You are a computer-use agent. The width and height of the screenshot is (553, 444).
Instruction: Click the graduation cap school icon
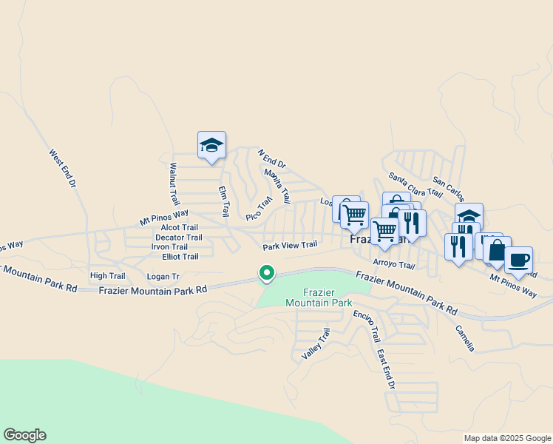click(211, 144)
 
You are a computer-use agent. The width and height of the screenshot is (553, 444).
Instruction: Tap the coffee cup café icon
click(518, 260)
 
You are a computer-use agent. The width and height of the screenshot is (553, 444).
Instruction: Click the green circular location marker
click(267, 273)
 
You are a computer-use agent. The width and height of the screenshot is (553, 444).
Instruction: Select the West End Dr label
click(63, 168)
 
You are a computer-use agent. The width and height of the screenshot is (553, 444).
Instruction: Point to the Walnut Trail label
click(174, 184)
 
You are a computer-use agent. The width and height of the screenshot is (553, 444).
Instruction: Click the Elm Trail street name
click(224, 201)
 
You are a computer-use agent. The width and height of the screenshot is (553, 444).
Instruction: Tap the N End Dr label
click(271, 158)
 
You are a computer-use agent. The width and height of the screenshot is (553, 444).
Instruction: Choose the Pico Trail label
click(259, 209)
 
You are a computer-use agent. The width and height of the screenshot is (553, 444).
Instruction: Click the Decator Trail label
click(178, 238)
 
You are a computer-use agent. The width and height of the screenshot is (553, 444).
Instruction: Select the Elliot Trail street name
click(180, 257)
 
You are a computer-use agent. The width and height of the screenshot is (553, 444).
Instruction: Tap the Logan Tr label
click(163, 276)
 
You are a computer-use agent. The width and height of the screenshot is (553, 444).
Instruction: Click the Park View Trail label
click(290, 245)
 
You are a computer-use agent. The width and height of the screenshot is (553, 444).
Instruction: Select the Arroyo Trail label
click(393, 264)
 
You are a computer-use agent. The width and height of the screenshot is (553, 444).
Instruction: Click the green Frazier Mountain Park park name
click(319, 297)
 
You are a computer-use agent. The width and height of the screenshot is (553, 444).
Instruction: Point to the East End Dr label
click(385, 369)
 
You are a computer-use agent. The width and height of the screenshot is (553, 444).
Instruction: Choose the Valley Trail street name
click(315, 344)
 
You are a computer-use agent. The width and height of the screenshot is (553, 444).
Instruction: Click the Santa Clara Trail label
click(415, 185)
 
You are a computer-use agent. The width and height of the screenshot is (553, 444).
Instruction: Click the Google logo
click(24, 435)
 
